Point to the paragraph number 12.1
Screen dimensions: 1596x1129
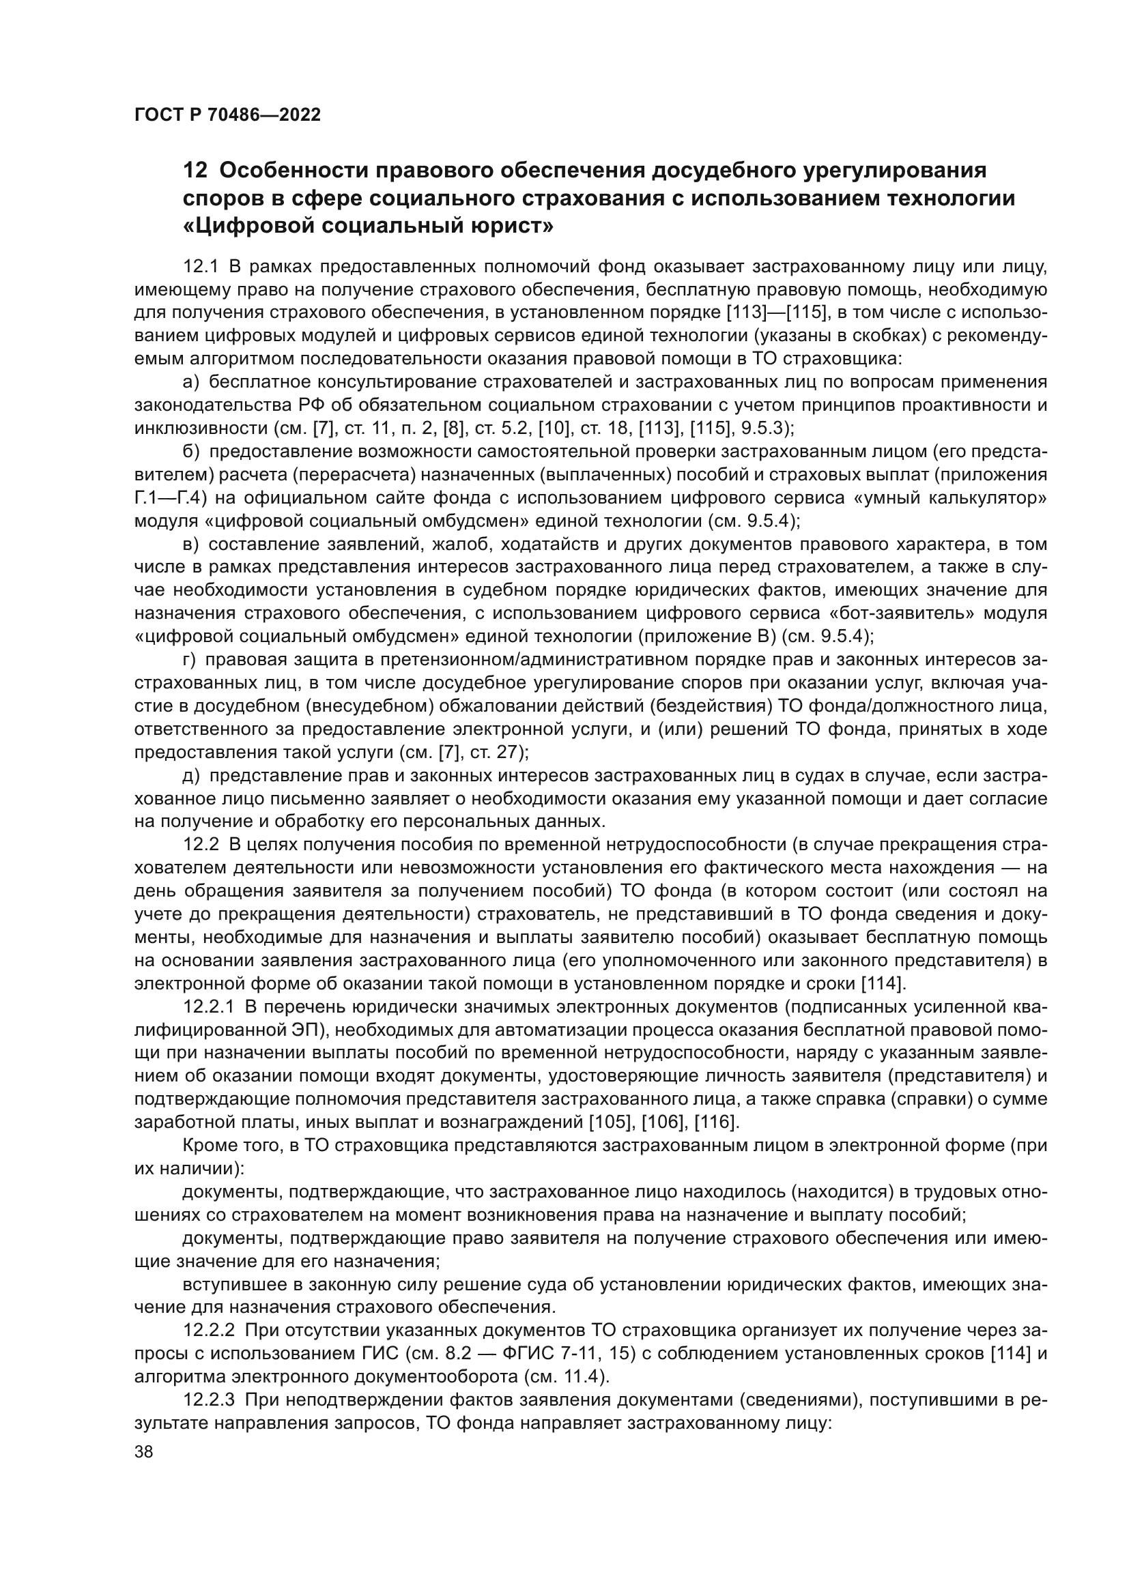click(201, 266)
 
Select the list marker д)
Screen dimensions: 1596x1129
click(191, 775)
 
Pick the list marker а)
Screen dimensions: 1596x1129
click(191, 382)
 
